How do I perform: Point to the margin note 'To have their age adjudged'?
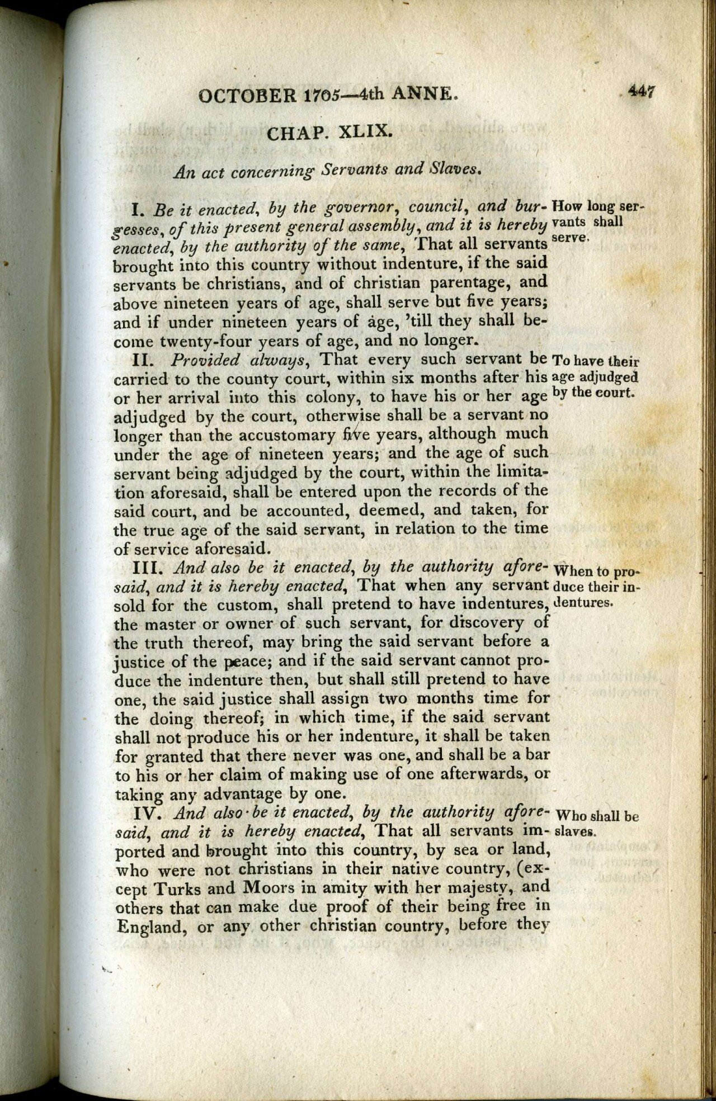pos(595,376)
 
